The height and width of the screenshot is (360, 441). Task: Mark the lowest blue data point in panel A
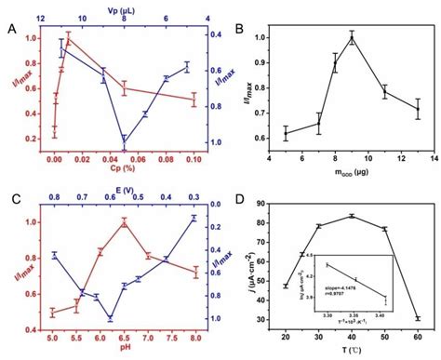125,141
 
